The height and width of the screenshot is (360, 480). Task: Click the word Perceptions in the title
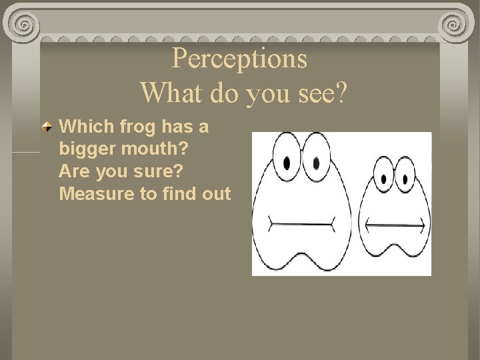(x=239, y=59)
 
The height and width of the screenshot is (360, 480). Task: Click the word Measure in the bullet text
(x=94, y=194)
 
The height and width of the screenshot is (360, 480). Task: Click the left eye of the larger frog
(x=287, y=161)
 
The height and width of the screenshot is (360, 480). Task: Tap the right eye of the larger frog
(x=316, y=161)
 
